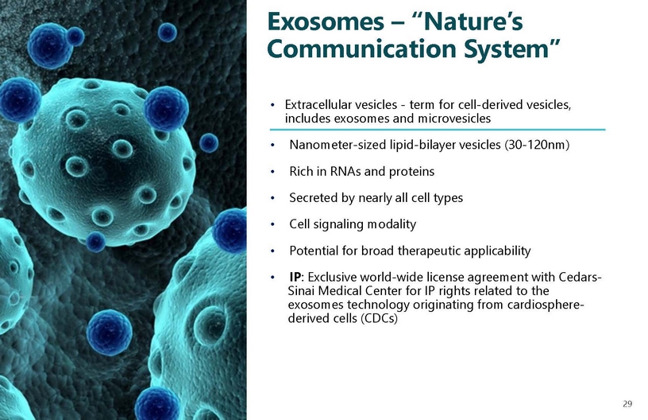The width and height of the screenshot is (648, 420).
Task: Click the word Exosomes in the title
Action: [x=326, y=21]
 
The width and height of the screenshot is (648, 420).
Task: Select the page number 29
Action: [x=627, y=404]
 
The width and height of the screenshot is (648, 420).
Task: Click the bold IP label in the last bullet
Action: [x=295, y=277]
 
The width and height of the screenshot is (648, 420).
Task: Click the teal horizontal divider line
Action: [x=438, y=130]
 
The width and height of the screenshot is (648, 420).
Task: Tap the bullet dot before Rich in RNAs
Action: [x=272, y=172]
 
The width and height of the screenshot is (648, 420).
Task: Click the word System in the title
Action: [x=512, y=49]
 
